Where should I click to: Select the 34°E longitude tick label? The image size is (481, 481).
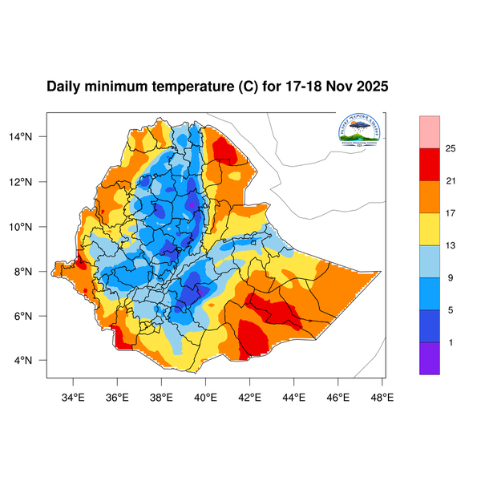(74, 395)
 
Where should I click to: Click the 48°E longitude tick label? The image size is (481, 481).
(382, 395)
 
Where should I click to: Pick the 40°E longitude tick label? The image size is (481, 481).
(205, 395)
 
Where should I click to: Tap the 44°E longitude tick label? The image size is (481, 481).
(293, 395)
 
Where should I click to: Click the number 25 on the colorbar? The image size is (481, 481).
(451, 148)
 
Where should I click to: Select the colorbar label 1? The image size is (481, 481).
(451, 342)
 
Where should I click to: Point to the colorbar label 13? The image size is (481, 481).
(451, 245)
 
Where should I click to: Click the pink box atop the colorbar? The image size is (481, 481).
(430, 131)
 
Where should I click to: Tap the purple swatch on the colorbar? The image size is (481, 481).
(430, 358)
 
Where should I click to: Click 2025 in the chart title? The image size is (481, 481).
(372, 86)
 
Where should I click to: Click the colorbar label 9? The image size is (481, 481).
(451, 277)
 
